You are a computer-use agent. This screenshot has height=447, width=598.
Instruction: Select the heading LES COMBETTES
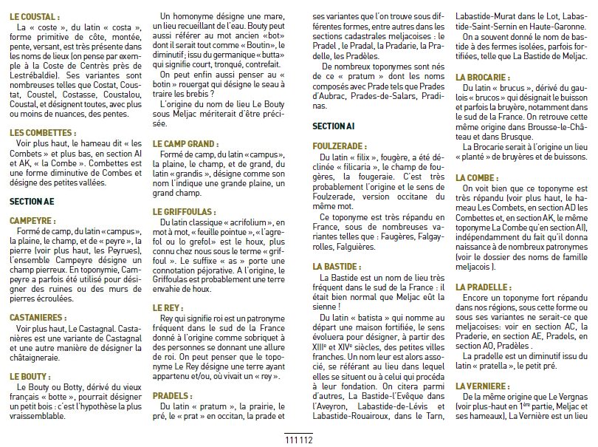[43, 133]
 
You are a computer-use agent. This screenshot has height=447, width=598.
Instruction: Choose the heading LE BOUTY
[30, 376]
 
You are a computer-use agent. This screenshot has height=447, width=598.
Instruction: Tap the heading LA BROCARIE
[482, 77]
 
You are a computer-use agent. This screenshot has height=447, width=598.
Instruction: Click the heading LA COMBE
[476, 178]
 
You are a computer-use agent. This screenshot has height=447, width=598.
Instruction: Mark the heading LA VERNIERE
[482, 386]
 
